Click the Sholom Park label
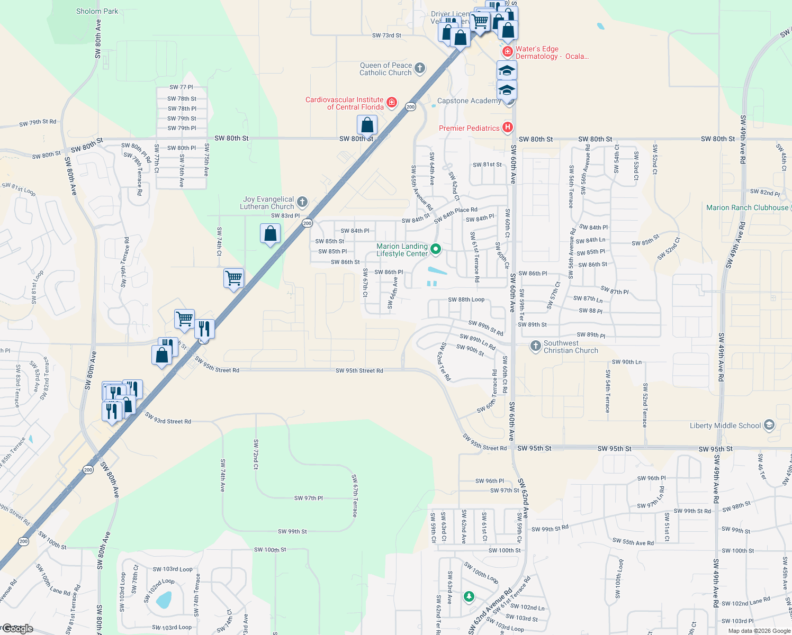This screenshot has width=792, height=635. [x=97, y=11]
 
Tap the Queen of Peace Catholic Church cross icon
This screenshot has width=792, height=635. [x=419, y=68]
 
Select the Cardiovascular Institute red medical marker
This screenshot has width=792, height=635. [x=392, y=102]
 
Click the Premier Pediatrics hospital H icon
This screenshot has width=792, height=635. [x=507, y=127]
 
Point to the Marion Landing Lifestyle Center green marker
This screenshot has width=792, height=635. [x=436, y=249]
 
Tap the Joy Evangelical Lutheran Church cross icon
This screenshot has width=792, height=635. [x=302, y=202]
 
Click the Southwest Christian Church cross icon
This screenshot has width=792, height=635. [x=535, y=346]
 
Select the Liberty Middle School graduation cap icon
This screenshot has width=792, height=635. [x=769, y=425]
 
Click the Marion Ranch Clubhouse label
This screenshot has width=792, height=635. [x=747, y=207]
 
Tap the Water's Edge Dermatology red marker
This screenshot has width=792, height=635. [x=507, y=51]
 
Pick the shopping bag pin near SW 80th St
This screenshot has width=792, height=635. [x=367, y=126]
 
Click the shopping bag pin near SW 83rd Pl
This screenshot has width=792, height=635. [x=270, y=234]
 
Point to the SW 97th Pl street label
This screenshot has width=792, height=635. [x=308, y=498]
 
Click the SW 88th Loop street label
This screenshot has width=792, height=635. [x=466, y=300]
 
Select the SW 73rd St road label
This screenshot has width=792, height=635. [x=386, y=35]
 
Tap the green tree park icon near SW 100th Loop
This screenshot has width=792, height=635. [x=469, y=596]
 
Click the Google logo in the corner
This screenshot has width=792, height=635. [x=18, y=629]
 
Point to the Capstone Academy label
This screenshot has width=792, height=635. [x=469, y=101]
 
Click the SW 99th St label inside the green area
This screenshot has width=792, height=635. [x=292, y=531]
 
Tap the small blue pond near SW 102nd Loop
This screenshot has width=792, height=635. [x=164, y=600]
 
